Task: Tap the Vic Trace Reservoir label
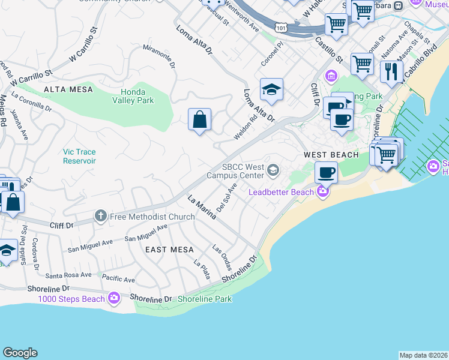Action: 80,157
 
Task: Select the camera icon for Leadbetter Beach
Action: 323,192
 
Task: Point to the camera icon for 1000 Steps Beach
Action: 114,298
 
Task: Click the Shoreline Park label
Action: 205,299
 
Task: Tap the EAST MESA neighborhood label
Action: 170,250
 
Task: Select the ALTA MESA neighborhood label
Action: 68,89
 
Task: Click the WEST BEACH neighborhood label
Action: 331,155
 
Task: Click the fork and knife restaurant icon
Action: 391,71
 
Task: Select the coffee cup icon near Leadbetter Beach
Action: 326,172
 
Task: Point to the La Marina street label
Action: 201,207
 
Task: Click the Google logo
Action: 20,353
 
